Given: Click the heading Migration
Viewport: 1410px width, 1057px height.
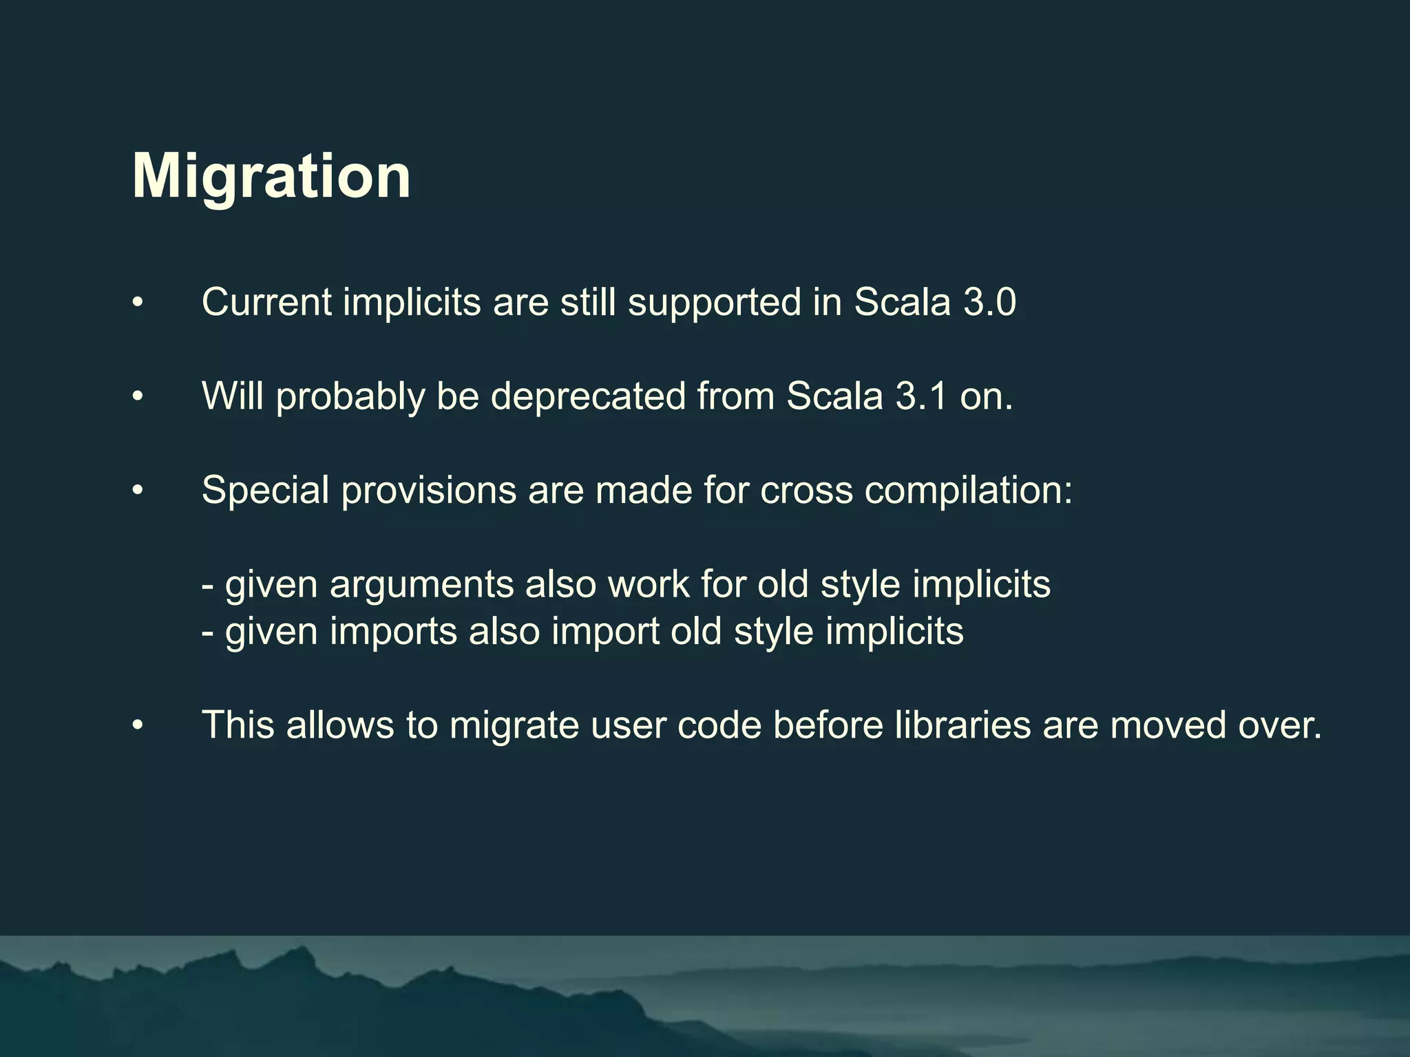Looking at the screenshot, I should (271, 176).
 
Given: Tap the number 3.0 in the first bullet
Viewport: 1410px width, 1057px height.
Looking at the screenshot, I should (989, 302).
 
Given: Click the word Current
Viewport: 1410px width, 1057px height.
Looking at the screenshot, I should (267, 302).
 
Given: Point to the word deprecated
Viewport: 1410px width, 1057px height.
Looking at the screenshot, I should (588, 397).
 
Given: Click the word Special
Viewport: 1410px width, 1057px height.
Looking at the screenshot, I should (265, 491).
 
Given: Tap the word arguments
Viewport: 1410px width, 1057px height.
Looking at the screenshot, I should (421, 585).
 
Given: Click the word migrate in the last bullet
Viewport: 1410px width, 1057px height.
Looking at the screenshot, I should (514, 726).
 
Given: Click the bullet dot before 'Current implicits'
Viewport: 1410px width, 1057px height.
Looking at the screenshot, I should (138, 303).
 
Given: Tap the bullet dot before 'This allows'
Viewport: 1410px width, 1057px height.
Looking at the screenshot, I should (138, 725).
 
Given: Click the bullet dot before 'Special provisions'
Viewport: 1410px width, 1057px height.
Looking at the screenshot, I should (138, 491).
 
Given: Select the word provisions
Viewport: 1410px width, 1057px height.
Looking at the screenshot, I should (428, 491).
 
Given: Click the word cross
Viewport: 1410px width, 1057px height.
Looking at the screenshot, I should (806, 491).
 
